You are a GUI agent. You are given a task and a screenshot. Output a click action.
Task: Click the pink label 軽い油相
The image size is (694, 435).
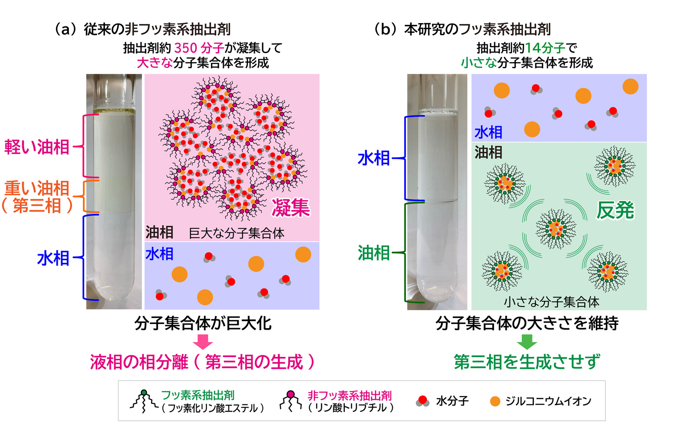pyautogui.click(x=37, y=147)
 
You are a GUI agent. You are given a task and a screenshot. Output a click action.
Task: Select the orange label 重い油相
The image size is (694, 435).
pyautogui.click(x=37, y=188)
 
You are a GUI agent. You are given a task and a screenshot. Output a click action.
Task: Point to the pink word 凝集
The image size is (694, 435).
pyautogui.click(x=291, y=208)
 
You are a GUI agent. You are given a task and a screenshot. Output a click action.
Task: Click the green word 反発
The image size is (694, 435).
pyautogui.click(x=615, y=210)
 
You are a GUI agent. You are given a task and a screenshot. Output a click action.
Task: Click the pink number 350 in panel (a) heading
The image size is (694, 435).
pyautogui.click(x=186, y=48)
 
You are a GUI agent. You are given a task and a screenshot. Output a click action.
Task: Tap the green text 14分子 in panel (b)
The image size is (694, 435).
pyautogui.click(x=545, y=48)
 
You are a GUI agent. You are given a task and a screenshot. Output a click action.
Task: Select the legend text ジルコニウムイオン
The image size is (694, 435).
pyautogui.click(x=548, y=401)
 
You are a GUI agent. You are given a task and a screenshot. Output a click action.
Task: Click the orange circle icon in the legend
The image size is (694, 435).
pyautogui.click(x=495, y=401)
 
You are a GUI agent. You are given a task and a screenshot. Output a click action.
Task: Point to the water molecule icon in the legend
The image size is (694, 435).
pyautogui.click(x=422, y=401)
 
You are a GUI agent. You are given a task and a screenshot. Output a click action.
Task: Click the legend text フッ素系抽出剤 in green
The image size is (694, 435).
pyautogui.click(x=198, y=395)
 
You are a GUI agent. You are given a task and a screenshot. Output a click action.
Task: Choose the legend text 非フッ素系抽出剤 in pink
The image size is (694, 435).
pyautogui.click(x=350, y=396)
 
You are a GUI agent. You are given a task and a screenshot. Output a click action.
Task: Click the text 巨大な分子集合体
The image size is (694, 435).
pyautogui.click(x=236, y=233)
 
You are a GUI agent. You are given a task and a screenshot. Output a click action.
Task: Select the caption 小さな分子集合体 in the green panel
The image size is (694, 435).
pyautogui.click(x=551, y=302)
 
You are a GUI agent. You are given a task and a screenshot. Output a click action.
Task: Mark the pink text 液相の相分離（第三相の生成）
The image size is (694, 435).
pyautogui.click(x=202, y=362)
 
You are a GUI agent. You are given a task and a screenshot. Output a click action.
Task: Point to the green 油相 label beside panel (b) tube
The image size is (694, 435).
pyautogui.click(x=374, y=253)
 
